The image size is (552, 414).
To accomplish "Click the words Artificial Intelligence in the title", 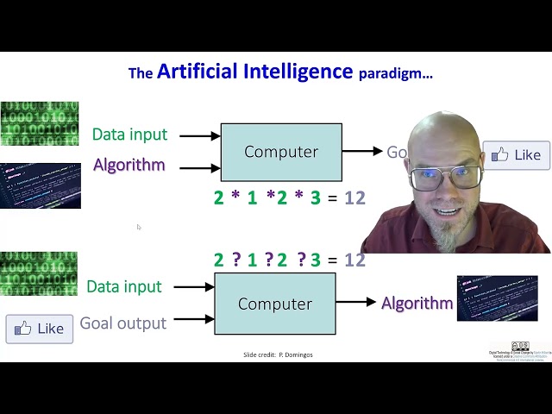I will click(x=254, y=72).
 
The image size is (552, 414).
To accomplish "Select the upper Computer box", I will click(x=281, y=152).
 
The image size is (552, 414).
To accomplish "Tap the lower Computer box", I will click(x=274, y=304).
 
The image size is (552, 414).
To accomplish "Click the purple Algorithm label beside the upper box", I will click(x=129, y=165).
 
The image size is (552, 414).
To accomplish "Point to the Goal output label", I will click(x=122, y=323).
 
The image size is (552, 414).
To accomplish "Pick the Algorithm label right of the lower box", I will click(x=417, y=303).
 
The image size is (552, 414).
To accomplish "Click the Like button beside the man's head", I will click(x=516, y=155).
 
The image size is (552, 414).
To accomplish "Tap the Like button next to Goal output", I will click(x=40, y=329).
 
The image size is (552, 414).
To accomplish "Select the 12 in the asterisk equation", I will click(x=354, y=198).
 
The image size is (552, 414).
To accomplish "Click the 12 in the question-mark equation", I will click(x=354, y=260).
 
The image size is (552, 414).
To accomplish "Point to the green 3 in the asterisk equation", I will click(x=316, y=198).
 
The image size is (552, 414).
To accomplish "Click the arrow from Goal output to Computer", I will click(x=192, y=319).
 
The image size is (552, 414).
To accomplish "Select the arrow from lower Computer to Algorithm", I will click(x=356, y=302).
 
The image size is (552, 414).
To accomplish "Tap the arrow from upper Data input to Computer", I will click(x=200, y=135).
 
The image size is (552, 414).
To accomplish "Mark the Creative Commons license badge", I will click(x=519, y=346).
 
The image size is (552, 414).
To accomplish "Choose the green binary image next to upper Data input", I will click(x=40, y=124).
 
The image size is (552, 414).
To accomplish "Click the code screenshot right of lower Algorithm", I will click(x=497, y=298).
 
